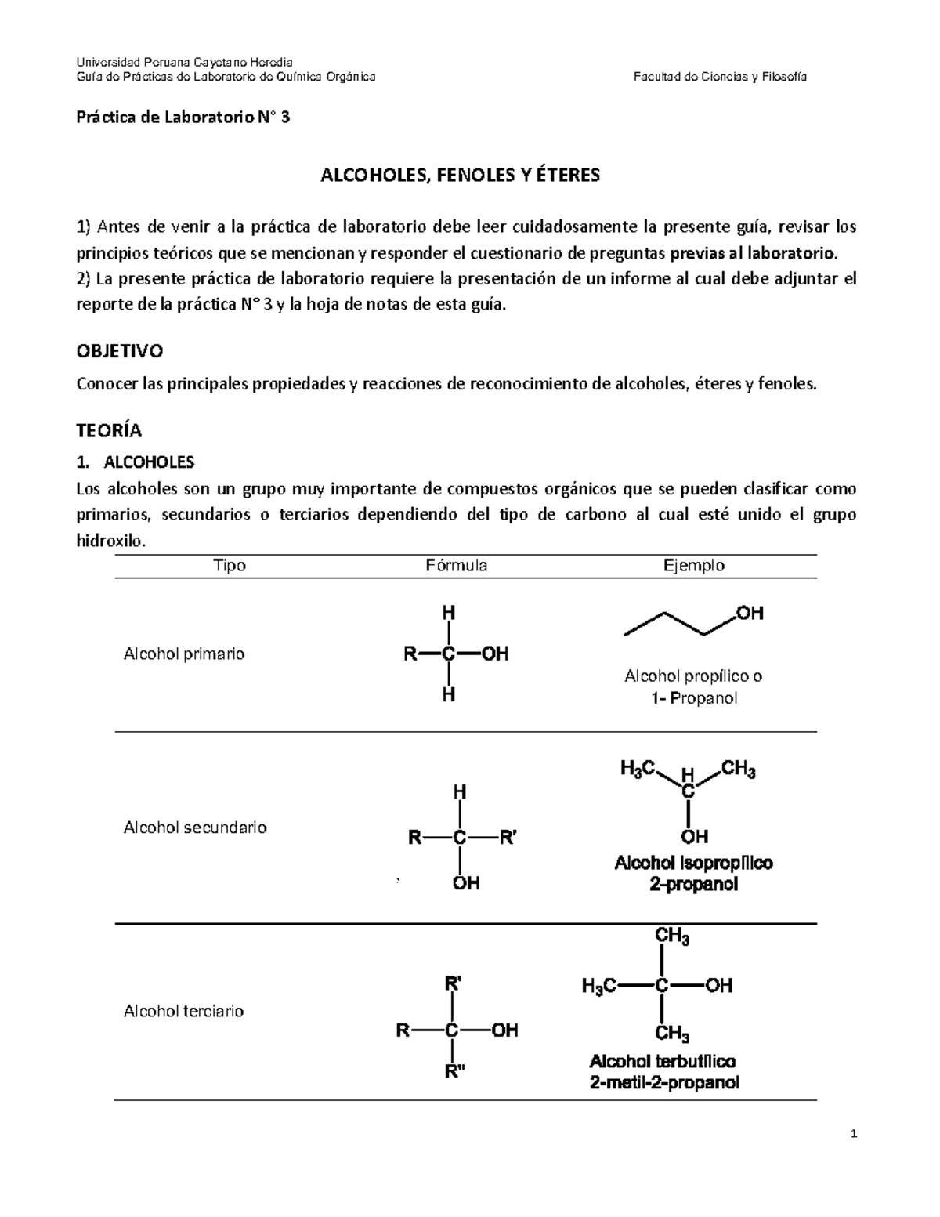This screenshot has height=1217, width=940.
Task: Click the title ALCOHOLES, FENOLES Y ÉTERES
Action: tap(461, 176)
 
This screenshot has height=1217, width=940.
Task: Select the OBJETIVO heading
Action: tap(119, 351)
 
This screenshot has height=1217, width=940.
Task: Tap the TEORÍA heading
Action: tap(109, 430)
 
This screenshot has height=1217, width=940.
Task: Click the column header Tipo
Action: tap(230, 566)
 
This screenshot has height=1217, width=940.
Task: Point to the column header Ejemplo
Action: tap(693, 566)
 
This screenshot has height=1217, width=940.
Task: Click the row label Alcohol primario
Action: tap(184, 654)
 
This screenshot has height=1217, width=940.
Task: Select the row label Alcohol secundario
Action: tap(195, 828)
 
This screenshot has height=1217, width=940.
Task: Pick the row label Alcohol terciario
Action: tap(183, 1011)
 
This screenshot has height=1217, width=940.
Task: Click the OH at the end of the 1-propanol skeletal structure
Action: tap(750, 614)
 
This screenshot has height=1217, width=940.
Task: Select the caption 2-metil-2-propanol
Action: tap(663, 1084)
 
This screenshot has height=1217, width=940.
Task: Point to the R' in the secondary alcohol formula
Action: tap(508, 838)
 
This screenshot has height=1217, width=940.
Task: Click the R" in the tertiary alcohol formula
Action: tap(454, 1072)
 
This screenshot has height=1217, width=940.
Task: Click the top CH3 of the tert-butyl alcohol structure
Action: tap(672, 936)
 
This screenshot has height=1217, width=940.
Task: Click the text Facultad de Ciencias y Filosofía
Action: tap(721, 77)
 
